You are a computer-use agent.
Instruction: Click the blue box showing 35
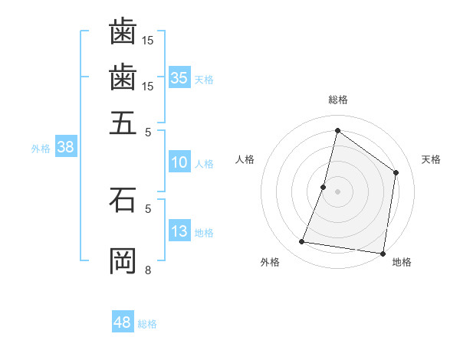click(x=179, y=77)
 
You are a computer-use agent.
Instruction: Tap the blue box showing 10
click(x=179, y=162)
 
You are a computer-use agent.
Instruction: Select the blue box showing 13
click(x=179, y=231)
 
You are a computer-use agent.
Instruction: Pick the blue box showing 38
click(x=65, y=148)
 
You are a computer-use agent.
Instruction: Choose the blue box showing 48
click(x=123, y=322)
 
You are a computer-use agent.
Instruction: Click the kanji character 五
click(x=123, y=121)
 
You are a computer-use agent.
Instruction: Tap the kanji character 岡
click(x=123, y=261)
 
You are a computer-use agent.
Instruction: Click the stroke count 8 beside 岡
click(x=148, y=270)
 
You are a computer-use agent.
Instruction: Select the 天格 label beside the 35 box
click(x=203, y=79)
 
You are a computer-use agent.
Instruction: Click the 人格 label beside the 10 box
click(x=204, y=163)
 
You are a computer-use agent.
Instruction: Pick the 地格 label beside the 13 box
click(x=204, y=233)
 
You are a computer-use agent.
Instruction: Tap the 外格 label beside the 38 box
click(x=41, y=149)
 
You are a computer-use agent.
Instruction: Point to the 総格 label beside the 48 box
click(x=147, y=324)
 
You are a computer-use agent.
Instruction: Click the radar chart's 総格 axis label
click(x=338, y=100)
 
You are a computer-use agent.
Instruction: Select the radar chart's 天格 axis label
click(x=431, y=159)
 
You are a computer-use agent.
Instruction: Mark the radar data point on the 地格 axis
click(x=383, y=253)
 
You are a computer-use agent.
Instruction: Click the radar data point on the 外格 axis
click(x=302, y=242)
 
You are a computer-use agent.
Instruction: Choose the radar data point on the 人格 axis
click(x=324, y=187)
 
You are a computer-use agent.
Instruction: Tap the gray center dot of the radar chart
click(x=338, y=191)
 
